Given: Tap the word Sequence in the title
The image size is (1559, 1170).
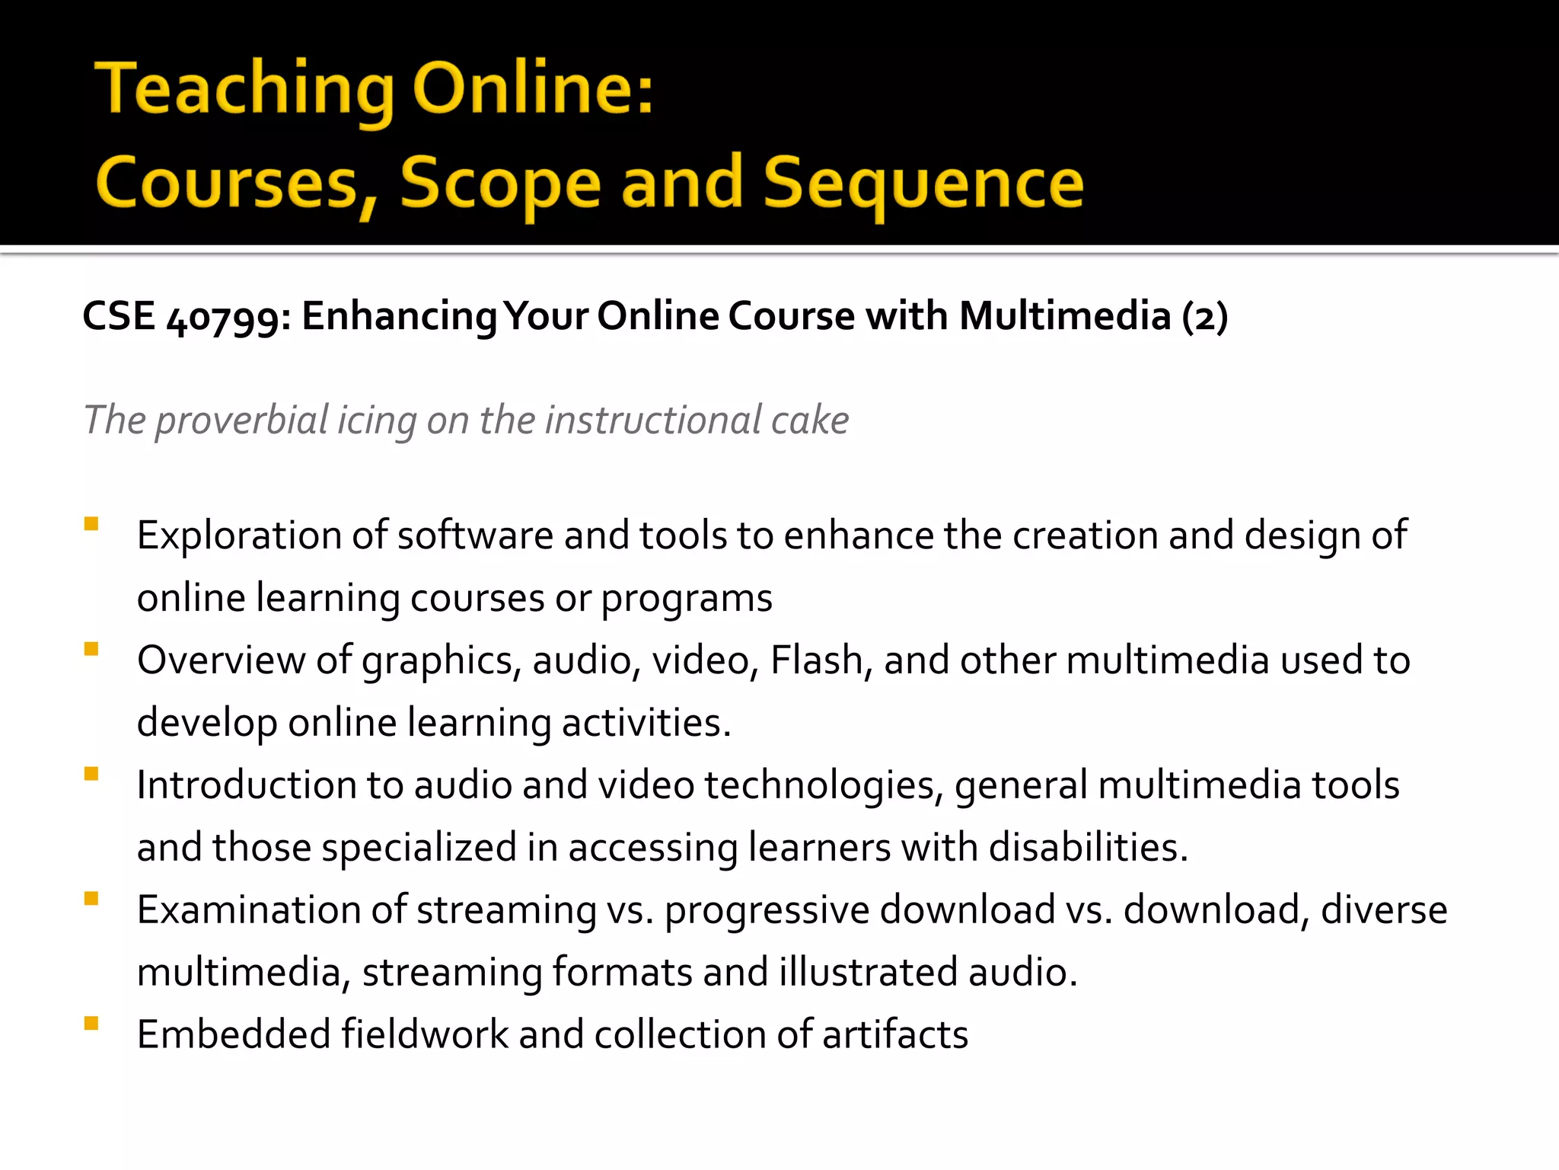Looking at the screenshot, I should pyautogui.click(x=923, y=183).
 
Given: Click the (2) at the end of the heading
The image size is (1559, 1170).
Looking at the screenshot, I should pyautogui.click(x=1204, y=317).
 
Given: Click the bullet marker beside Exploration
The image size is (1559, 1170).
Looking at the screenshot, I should pyautogui.click(x=91, y=524).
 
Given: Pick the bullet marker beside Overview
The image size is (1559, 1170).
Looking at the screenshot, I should pyautogui.click(x=91, y=649).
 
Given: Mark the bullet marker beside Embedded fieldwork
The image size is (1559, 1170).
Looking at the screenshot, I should pyautogui.click(x=91, y=1023).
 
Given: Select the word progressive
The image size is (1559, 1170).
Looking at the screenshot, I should pyautogui.click(x=767, y=910).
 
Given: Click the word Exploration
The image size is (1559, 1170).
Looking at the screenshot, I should pyautogui.click(x=238, y=535).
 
